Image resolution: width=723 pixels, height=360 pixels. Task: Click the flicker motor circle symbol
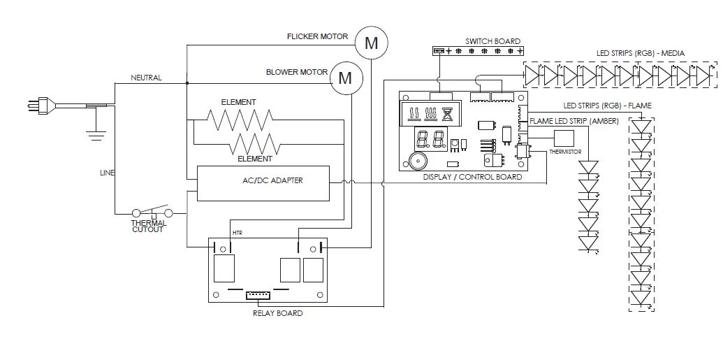tap(372, 43)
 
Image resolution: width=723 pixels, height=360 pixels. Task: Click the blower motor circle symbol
tap(345, 78)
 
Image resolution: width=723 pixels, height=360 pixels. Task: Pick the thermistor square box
tap(563, 138)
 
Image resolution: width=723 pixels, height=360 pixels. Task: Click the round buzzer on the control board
tap(416, 161)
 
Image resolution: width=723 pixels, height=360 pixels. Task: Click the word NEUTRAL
tap(146, 78)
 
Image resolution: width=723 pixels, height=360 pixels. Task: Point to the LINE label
tap(107, 173)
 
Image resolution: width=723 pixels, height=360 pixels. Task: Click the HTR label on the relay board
tap(238, 232)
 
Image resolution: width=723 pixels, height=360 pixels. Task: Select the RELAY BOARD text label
tap(277, 313)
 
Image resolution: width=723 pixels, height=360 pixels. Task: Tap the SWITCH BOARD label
tap(492, 41)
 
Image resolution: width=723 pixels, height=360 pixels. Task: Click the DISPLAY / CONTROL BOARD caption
tap(472, 177)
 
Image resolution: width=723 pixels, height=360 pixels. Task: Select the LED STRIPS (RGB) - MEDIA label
tap(640, 53)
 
